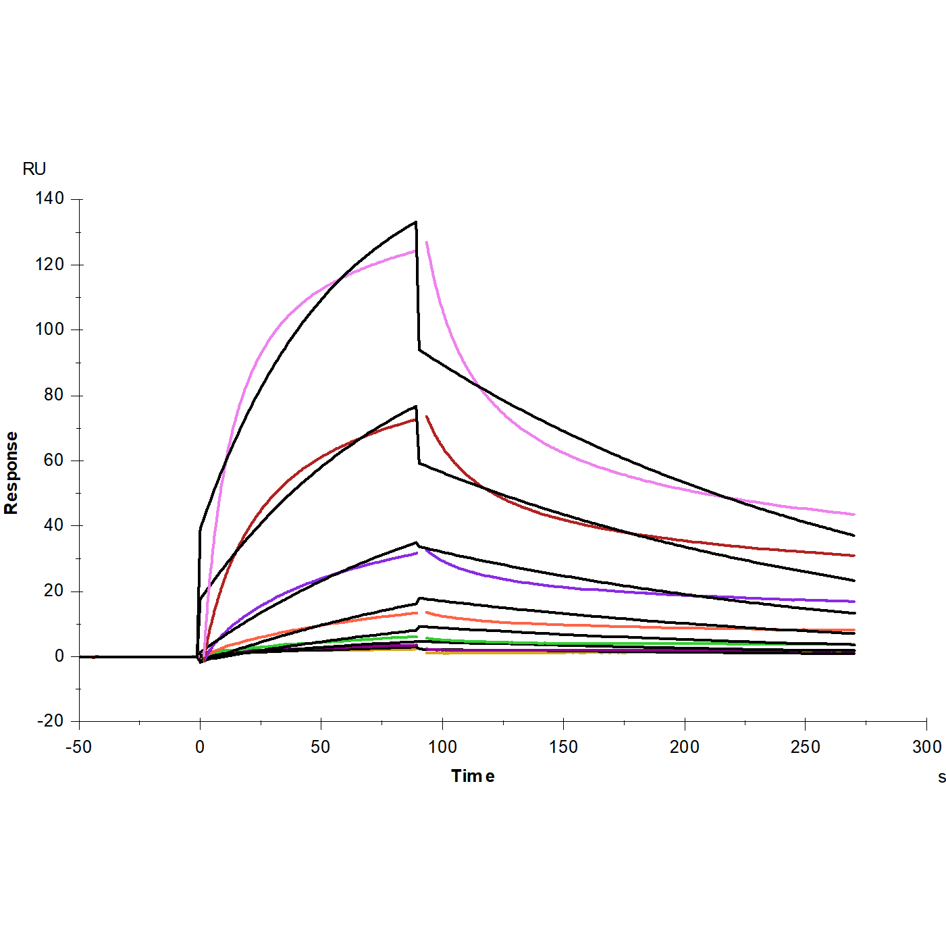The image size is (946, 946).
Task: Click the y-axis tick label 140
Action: coord(50,199)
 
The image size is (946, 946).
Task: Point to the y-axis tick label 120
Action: coord(50,264)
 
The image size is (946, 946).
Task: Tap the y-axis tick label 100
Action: coord(50,330)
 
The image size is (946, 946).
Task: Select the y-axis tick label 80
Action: coord(54,395)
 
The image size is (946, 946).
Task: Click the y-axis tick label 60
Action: coord(54,461)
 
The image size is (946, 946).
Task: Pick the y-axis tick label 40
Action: coord(54,525)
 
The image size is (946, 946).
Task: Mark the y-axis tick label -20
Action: coord(50,721)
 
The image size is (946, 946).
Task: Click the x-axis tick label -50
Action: coord(78,747)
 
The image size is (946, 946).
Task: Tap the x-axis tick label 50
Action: coord(321,747)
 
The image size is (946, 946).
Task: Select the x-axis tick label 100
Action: coord(442,747)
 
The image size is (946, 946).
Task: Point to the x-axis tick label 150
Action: coord(563,747)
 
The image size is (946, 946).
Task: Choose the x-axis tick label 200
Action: coord(685,747)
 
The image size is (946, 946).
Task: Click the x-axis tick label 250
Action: coord(806,747)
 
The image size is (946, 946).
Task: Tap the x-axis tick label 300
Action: coord(926,747)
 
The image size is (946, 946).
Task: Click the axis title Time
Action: coord(473,777)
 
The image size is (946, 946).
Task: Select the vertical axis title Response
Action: coord(11,473)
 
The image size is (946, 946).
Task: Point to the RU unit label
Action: coord(34,169)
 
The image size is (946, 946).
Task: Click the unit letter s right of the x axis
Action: coord(941,777)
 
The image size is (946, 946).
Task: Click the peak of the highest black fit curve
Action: coord(415,222)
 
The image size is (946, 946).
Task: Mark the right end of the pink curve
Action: coord(853,515)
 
